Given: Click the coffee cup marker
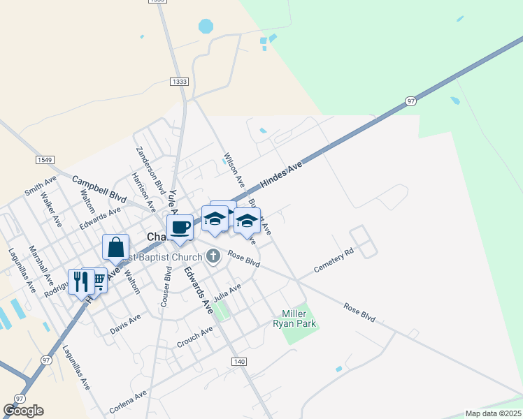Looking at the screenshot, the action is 180,227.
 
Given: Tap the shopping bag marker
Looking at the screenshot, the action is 115,247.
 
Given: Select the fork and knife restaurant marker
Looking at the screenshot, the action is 81,281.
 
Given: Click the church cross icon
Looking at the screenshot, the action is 213,256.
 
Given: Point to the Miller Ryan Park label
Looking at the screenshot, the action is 299,318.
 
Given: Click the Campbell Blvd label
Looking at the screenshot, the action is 99,189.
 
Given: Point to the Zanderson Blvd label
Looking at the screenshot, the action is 150,169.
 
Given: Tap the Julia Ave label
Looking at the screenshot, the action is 227,291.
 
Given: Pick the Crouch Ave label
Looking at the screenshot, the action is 194,337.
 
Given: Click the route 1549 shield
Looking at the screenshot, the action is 44,160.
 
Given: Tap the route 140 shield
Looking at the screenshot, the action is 238,361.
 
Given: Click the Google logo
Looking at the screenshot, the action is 23,411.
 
